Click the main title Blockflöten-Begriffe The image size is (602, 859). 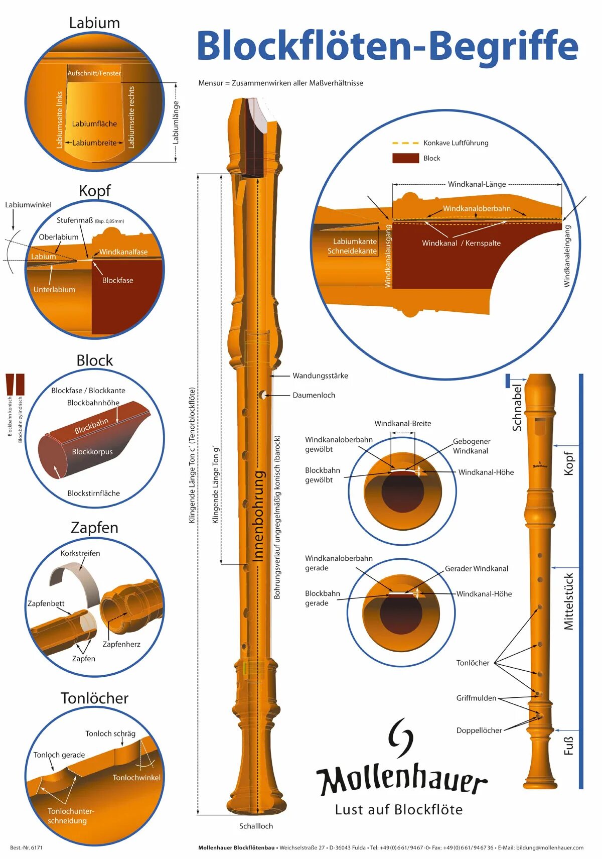pyautogui.click(x=387, y=46)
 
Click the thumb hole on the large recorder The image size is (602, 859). pyautogui.click(x=262, y=395)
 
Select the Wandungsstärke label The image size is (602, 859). pyautogui.click(x=320, y=376)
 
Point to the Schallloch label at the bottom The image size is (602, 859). pyautogui.click(x=256, y=826)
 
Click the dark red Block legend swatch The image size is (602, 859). pyautogui.click(x=405, y=158)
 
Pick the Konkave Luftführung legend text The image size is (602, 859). pyautogui.click(x=456, y=143)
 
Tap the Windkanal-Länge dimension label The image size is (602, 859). pyautogui.click(x=477, y=184)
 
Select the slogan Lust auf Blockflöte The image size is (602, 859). pyautogui.click(x=399, y=809)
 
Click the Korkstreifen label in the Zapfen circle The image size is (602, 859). pyautogui.click(x=80, y=553)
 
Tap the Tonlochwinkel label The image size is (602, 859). pyautogui.click(x=136, y=777)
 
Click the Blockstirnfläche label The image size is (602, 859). pyautogui.click(x=94, y=493)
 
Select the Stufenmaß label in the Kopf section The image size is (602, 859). pyautogui.click(x=75, y=220)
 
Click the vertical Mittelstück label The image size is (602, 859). pyautogui.click(x=568, y=601)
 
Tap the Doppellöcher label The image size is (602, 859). pyautogui.click(x=479, y=730)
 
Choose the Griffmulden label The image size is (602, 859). pyautogui.click(x=476, y=698)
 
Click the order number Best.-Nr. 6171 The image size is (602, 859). pyautogui.click(x=26, y=847)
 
